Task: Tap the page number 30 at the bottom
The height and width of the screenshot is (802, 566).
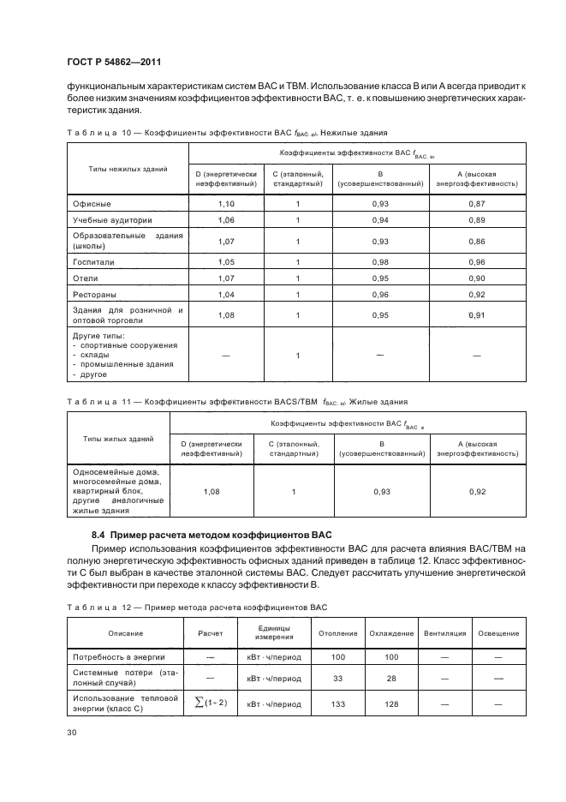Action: tap(71, 732)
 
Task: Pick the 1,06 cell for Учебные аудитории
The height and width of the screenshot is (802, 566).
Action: tap(226, 220)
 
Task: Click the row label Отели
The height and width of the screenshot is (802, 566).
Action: tap(86, 278)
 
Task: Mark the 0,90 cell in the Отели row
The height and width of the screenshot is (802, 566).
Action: tap(477, 278)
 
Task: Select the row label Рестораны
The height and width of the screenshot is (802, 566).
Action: tap(95, 295)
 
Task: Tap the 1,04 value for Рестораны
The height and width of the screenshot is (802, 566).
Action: tap(226, 295)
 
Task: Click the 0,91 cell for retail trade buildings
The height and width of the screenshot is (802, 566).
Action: tap(477, 315)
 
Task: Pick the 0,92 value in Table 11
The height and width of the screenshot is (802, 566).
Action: tap(477, 492)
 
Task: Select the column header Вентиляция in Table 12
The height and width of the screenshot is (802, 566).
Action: tap(444, 633)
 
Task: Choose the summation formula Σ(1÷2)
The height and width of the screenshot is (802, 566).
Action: tap(210, 703)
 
